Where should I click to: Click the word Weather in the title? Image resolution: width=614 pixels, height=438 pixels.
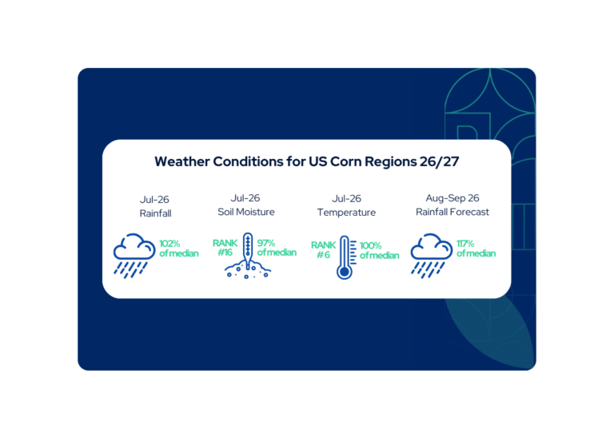pos(182,161)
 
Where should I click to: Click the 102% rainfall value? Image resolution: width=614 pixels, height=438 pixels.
pos(169,244)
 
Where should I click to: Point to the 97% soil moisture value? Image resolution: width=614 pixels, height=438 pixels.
pos(266,243)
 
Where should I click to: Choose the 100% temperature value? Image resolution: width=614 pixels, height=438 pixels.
pos(370,245)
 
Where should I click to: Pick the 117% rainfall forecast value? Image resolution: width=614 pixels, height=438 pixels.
pos(465,244)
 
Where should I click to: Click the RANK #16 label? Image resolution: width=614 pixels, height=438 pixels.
pos(225,248)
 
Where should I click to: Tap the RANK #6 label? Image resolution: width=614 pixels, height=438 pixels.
pos(324,249)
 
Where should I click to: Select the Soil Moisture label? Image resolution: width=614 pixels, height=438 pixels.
pos(246,212)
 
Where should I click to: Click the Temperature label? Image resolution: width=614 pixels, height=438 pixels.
pos(346,212)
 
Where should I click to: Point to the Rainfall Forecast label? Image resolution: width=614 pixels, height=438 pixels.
pos(453,212)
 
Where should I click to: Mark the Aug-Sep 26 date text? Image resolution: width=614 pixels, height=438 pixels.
pos(453,198)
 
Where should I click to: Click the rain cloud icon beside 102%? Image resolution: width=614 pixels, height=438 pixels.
pos(134,256)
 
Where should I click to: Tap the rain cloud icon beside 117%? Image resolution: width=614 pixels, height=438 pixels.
pos(431,256)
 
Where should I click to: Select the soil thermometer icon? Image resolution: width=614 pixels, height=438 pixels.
pos(248,256)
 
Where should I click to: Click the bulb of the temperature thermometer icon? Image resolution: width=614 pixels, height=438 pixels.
pos(345,272)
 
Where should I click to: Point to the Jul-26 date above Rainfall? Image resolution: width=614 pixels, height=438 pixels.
pos(154,200)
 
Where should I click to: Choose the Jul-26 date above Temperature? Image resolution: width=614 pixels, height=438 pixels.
pos(346,198)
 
